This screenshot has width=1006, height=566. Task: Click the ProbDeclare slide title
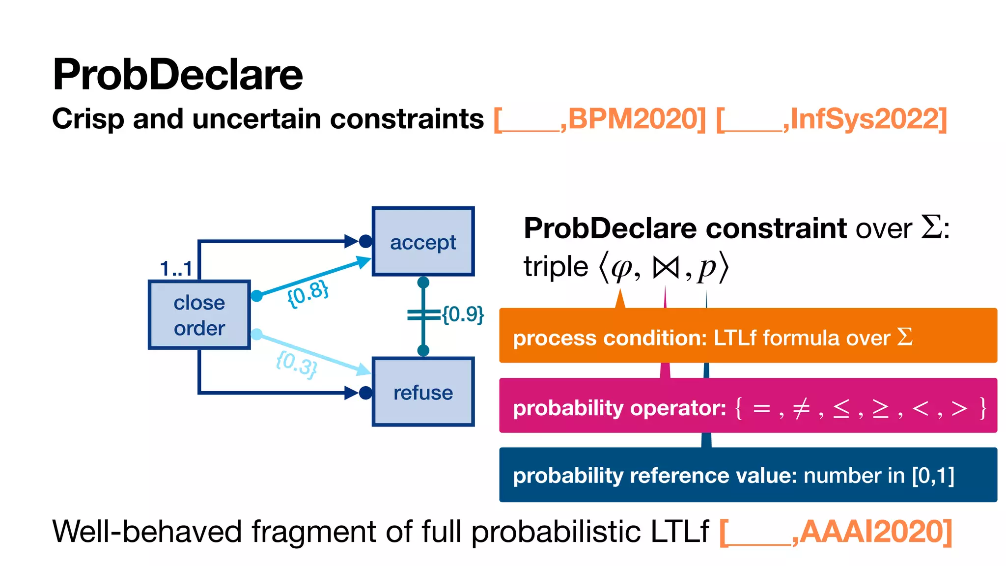177,75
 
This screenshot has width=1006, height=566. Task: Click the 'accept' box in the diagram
423,242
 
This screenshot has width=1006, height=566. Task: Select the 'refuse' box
423,392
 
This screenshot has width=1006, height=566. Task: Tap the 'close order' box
199,315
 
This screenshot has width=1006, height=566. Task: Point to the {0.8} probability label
308,293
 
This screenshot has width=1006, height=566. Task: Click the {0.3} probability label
297,364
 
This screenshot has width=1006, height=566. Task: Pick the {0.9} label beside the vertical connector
463,314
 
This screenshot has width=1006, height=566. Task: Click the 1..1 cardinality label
176,269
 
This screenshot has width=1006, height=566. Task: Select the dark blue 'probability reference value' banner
748,475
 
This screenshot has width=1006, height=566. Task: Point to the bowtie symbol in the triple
665,268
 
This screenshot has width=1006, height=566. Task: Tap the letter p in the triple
707,269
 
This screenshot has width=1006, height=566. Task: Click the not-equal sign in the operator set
801,408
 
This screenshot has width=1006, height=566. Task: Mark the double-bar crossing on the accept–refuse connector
423,315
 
